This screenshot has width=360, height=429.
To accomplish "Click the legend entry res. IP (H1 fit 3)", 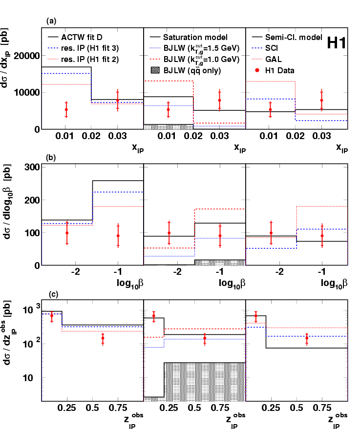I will pyautogui.click(x=90, y=48).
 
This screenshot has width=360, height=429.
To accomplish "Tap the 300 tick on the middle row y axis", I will pyautogui.click(x=32, y=167).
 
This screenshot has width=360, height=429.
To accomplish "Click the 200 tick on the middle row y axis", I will pyautogui.click(x=32, y=200).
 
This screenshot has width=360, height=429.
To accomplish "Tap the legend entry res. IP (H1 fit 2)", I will pyautogui.click(x=90, y=59).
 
